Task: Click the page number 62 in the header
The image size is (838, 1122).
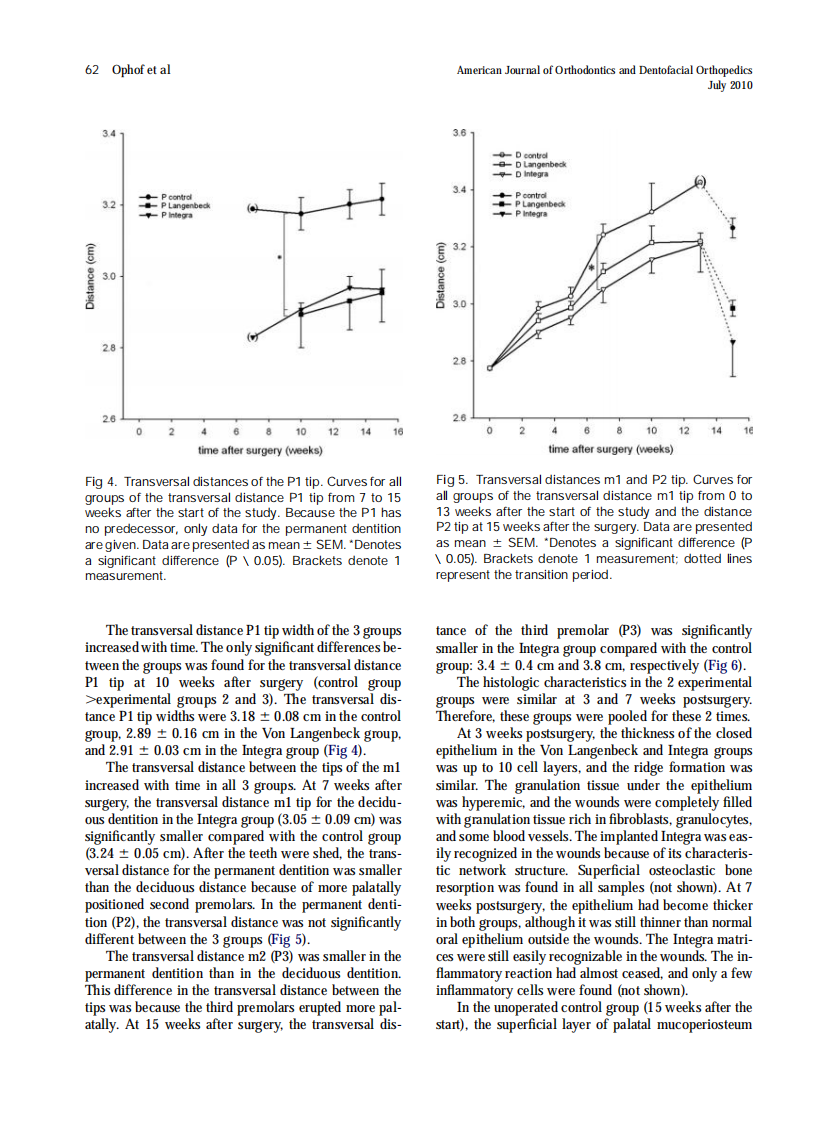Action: [92, 70]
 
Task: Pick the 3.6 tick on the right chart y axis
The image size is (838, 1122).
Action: [460, 132]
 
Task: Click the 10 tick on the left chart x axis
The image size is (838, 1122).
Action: [301, 431]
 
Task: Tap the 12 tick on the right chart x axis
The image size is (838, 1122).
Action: [683, 431]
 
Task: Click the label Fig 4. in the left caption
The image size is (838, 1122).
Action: [101, 481]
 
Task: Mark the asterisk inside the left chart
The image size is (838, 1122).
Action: [278, 257]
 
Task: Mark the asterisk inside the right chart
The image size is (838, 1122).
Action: [592, 269]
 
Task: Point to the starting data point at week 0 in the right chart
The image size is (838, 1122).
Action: [489, 368]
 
